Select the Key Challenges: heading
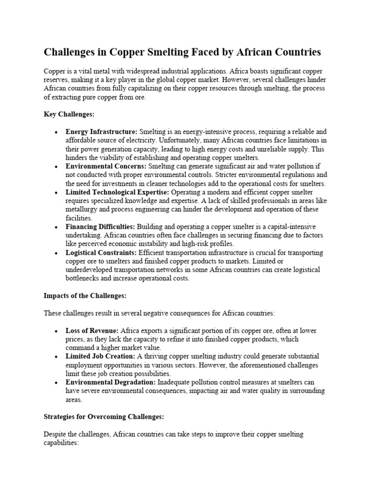(69, 115)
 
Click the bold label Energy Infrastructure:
(102, 131)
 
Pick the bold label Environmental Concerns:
(104, 166)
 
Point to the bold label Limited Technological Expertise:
(117, 192)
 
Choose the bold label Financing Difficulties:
(100, 227)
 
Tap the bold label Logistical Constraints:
(101, 253)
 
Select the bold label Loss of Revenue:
(92, 331)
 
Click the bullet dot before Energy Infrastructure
(57, 132)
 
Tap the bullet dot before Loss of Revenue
(57, 331)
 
